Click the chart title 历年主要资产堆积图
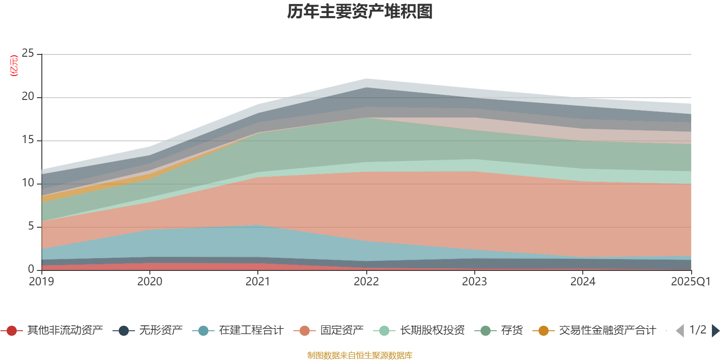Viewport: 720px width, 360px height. pyautogui.click(x=360, y=12)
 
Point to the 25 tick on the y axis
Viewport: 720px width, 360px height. pyautogui.click(x=28, y=54)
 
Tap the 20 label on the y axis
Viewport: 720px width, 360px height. pyautogui.click(x=28, y=97)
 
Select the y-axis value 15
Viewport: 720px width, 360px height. pyautogui.click(x=28, y=140)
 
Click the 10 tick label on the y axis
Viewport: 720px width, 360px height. pyautogui.click(x=28, y=183)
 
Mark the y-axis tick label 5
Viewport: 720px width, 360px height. pyautogui.click(x=31, y=226)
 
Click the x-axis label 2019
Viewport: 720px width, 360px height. pyautogui.click(x=41, y=282)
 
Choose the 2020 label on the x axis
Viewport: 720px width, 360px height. pyautogui.click(x=150, y=282)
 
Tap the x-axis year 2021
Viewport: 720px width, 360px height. pyautogui.click(x=258, y=282)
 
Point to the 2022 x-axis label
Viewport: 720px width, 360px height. pyautogui.click(x=366, y=282)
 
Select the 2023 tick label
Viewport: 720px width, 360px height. pyautogui.click(x=474, y=282)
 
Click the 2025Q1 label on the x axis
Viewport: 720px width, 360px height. pyautogui.click(x=690, y=282)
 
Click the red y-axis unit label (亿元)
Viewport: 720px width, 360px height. pyautogui.click(x=14, y=66)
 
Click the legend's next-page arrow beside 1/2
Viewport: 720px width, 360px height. pyautogui.click(x=715, y=331)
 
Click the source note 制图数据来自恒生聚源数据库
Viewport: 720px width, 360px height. pyautogui.click(x=360, y=355)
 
